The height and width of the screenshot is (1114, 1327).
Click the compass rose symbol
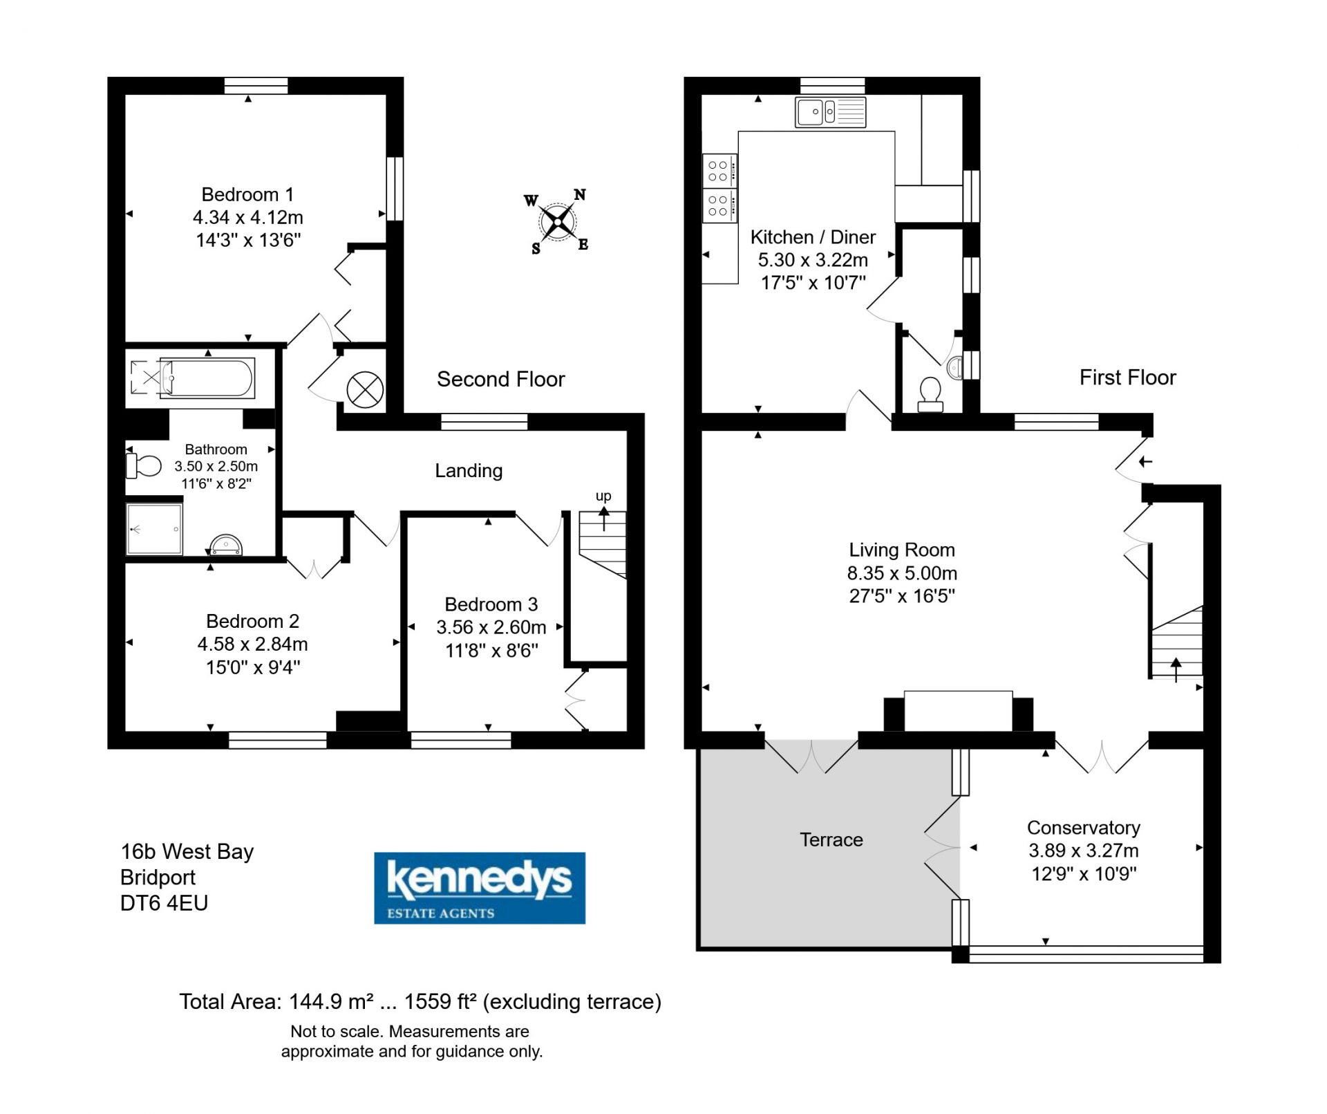click(557, 221)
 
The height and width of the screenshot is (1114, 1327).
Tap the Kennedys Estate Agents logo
click(480, 888)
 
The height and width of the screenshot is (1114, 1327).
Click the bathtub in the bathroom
click(207, 378)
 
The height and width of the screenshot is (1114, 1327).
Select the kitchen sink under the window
click(830, 113)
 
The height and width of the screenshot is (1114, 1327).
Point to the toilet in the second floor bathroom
click(143, 465)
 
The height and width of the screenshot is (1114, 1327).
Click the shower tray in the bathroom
click(154, 529)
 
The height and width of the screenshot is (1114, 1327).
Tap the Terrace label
click(831, 839)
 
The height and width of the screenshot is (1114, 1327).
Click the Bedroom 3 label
click(491, 604)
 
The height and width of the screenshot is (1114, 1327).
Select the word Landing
click(469, 471)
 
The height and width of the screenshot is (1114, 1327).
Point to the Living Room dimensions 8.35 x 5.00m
click(902, 573)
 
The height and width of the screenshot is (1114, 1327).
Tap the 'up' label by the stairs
click(603, 496)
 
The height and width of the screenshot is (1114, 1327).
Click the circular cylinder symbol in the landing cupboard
click(365, 390)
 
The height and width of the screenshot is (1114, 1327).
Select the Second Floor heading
click(501, 379)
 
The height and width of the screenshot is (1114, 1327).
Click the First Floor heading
click(1128, 377)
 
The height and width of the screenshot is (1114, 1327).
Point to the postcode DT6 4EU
click(164, 903)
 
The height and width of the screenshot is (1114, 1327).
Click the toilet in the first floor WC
click(930, 395)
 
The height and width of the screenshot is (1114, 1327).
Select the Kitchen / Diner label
click(813, 237)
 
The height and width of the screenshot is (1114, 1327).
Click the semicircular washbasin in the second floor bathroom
click(226, 545)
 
